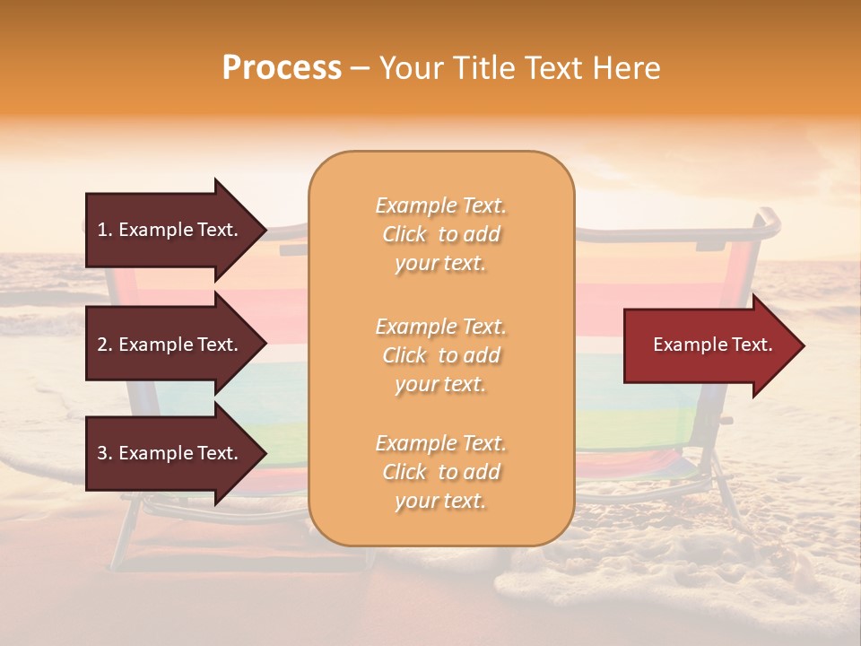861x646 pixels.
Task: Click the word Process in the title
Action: click(x=282, y=68)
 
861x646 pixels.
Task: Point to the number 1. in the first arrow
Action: click(x=104, y=230)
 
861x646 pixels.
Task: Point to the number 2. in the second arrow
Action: click(x=104, y=345)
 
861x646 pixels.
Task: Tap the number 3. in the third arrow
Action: click(x=104, y=453)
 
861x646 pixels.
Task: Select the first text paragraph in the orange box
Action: click(x=440, y=234)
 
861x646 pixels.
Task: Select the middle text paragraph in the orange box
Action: click(x=440, y=355)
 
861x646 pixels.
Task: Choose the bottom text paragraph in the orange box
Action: click(x=440, y=472)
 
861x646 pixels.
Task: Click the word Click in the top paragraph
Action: click(x=404, y=234)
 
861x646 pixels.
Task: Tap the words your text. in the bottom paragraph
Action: click(x=440, y=502)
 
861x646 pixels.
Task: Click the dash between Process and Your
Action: click(x=360, y=68)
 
